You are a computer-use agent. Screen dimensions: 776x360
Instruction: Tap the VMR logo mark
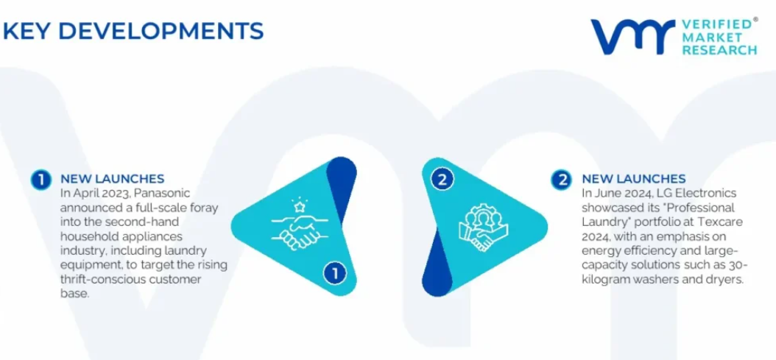[x=632, y=37]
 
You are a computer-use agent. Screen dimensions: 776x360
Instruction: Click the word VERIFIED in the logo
[x=718, y=24]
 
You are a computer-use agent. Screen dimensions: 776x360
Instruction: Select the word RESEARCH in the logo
[x=719, y=50]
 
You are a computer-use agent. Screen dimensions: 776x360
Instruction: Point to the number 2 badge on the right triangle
[x=442, y=179]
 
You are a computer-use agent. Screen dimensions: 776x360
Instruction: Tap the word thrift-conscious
[x=102, y=279]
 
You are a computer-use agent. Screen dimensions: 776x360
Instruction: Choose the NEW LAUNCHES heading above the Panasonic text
[x=113, y=178]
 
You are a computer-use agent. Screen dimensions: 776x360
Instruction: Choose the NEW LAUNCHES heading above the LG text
[x=634, y=178]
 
